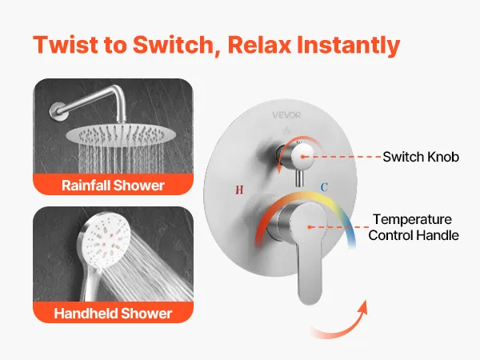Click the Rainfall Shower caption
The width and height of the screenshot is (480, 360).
click(x=113, y=186)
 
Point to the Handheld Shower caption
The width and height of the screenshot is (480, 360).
click(x=113, y=313)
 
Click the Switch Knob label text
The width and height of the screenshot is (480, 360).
click(x=421, y=157)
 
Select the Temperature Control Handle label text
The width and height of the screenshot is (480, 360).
click(x=414, y=227)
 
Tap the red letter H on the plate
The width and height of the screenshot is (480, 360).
click(x=239, y=190)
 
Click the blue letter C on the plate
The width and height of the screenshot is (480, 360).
click(x=324, y=187)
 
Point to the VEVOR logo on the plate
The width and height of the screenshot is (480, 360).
click(x=286, y=115)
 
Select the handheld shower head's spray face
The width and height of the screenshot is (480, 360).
click(x=104, y=240)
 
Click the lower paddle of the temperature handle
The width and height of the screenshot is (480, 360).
click(x=309, y=275)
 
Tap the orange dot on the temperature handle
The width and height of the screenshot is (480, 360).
click(x=310, y=227)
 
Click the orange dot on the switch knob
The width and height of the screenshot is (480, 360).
click(x=302, y=157)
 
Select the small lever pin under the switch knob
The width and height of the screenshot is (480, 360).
click(x=299, y=178)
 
